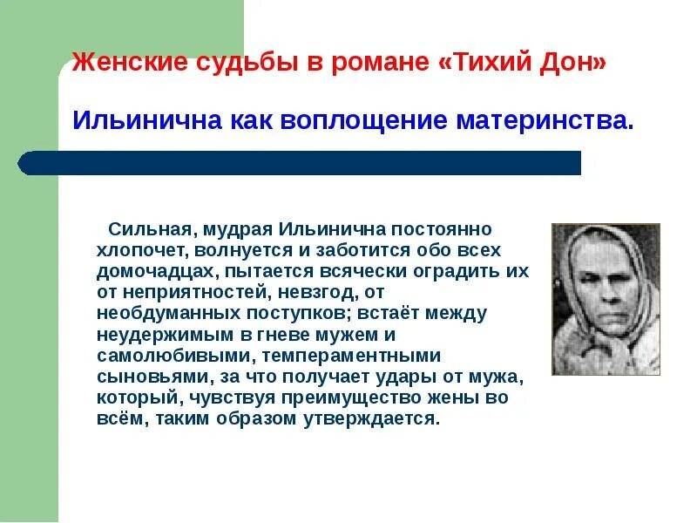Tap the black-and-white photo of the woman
click(606, 299)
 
